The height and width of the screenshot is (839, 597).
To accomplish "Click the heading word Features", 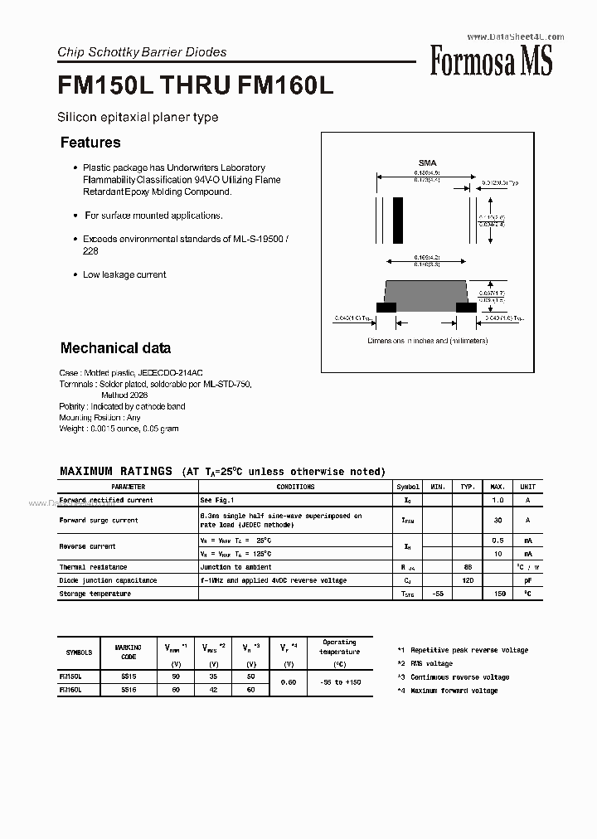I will click(90, 143).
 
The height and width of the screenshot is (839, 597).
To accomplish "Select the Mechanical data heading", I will click(115, 348).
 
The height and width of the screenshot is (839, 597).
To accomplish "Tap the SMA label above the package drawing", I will click(426, 163).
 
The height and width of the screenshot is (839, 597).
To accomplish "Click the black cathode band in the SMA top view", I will click(398, 220).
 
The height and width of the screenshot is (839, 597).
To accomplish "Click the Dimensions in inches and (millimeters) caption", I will click(428, 341).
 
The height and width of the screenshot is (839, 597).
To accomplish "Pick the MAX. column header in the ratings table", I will click(498, 487).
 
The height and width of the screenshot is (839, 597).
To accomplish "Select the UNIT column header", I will click(528, 487).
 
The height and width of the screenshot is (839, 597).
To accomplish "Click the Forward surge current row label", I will click(99, 521).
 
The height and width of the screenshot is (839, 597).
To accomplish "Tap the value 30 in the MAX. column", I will click(498, 521).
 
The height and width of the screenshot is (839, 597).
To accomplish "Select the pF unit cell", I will click(528, 580).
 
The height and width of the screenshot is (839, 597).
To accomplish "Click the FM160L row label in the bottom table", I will click(74, 690).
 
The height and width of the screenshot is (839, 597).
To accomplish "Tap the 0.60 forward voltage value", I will click(289, 683).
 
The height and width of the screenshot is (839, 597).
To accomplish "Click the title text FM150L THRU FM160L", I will click(196, 87).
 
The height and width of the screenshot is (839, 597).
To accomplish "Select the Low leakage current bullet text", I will click(124, 274).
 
